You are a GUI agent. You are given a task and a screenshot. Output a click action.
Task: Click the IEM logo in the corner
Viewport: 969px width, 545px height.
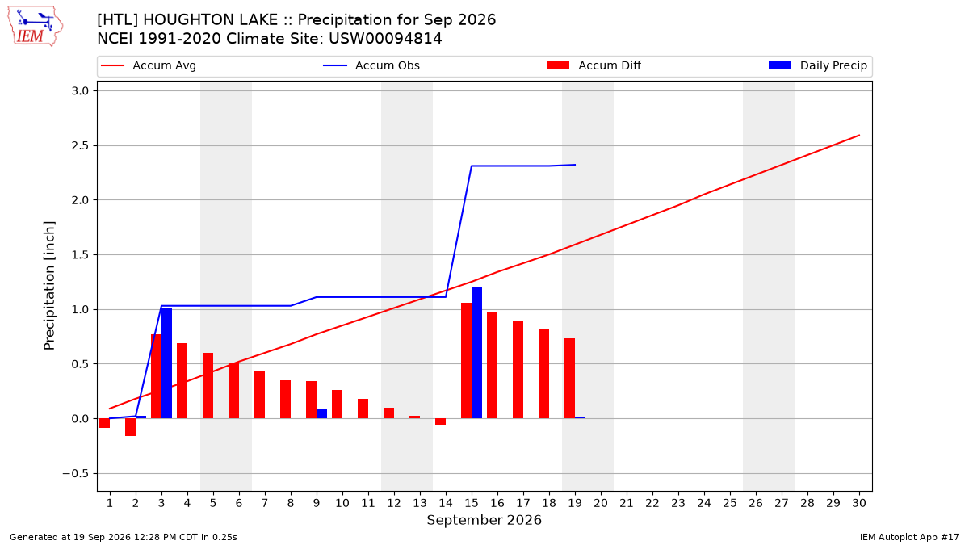35,27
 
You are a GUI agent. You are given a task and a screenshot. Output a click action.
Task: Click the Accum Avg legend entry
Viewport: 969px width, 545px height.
149,65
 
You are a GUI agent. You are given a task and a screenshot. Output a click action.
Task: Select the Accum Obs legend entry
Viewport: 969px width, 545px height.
371,65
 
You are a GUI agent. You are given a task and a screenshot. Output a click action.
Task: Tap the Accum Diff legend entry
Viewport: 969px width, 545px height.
594,65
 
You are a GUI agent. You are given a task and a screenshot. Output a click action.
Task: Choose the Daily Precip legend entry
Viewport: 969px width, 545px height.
817,65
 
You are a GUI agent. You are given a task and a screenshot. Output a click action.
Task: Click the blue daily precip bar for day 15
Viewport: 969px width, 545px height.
476,353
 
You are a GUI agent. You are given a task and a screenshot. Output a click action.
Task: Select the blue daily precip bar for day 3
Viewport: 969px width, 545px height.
166,363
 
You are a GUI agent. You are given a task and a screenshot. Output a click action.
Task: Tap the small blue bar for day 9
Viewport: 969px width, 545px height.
321,414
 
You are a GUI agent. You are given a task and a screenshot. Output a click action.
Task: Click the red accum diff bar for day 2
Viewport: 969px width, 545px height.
130,427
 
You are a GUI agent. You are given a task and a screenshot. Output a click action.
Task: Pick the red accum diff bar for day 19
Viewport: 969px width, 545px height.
570,379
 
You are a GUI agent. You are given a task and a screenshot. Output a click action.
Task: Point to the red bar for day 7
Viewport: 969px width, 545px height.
259,395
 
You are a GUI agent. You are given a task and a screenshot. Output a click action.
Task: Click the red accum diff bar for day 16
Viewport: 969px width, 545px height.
493,366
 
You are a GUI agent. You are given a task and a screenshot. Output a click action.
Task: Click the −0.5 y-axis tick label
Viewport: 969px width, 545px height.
76,474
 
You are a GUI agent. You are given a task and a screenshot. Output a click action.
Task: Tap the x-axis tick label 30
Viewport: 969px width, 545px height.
859,503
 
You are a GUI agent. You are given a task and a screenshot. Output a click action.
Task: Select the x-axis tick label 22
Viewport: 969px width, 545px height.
652,503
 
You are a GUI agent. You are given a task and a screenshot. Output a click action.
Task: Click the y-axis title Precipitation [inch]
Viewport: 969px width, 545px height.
49,286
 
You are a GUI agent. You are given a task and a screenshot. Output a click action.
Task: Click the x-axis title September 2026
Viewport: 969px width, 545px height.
484,520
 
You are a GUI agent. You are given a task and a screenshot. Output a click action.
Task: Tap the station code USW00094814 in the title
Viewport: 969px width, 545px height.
385,39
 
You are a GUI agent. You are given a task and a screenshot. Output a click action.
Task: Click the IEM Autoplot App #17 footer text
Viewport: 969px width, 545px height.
909,537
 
